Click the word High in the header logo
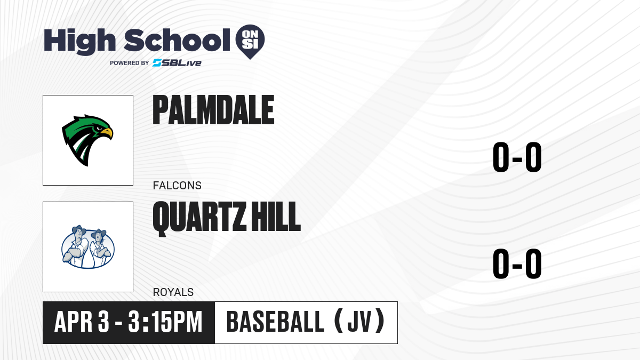(79, 42)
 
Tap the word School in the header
(177, 41)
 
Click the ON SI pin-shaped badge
(250, 42)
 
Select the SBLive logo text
(177, 63)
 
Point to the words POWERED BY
(130, 63)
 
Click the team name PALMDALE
(213, 110)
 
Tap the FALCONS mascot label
(177, 186)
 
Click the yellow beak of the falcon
(107, 133)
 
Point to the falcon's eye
(99, 129)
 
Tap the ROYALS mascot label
(173, 292)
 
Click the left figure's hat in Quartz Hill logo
(79, 229)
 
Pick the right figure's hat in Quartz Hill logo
(99, 233)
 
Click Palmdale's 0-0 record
(517, 157)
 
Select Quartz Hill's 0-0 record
(517, 263)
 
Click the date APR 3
(82, 322)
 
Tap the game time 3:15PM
(165, 322)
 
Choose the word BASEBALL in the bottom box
(275, 322)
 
